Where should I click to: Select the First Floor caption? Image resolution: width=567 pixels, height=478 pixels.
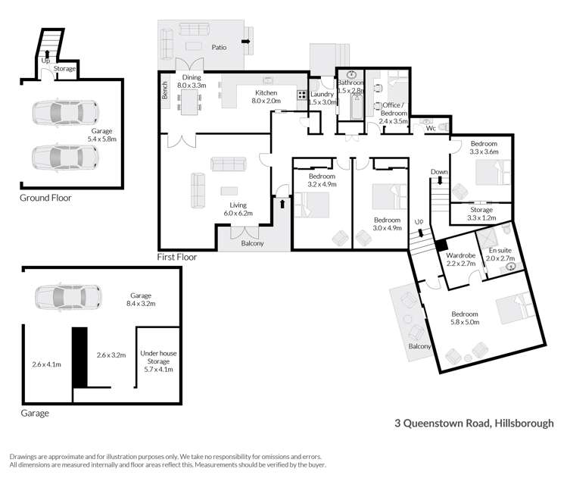click(176, 257)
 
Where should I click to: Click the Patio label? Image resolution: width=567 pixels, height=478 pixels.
click(219, 46)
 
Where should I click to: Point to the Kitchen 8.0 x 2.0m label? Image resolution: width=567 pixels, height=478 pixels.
click(266, 96)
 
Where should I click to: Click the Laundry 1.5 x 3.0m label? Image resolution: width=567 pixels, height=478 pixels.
click(322, 98)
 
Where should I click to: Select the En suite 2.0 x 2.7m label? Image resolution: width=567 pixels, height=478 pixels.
click(500, 254)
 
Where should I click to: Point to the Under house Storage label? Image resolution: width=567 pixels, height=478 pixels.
click(157, 361)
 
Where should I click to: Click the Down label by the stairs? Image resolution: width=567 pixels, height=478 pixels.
click(440, 172)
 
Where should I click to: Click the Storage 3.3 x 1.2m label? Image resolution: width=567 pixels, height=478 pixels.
click(482, 214)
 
